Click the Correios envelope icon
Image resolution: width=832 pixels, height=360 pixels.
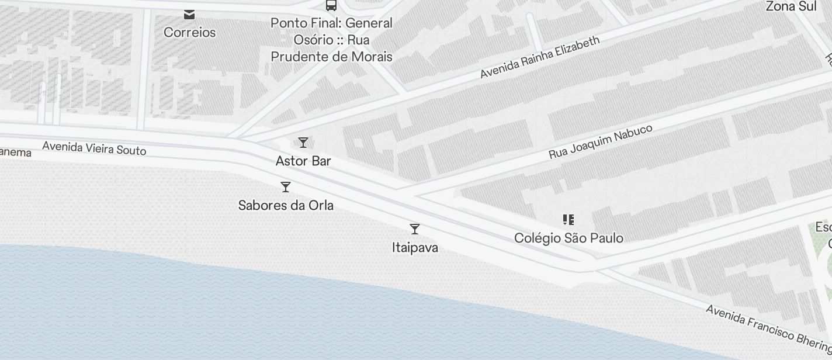(189, 14)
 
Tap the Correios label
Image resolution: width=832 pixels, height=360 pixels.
(189, 33)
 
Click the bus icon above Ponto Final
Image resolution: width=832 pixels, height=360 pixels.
(331, 6)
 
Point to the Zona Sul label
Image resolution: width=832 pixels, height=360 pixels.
(791, 7)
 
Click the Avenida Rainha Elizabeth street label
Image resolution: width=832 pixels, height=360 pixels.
(540, 57)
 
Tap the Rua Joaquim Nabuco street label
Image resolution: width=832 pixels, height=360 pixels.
(600, 142)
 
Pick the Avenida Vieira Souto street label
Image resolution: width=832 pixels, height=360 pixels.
(94, 148)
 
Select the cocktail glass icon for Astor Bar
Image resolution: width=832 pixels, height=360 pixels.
(303, 143)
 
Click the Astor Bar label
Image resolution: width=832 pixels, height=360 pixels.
(303, 161)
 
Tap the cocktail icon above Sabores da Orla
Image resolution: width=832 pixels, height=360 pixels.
(286, 187)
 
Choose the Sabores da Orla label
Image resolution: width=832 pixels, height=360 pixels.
(286, 206)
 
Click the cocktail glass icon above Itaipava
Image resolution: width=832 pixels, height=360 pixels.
(415, 229)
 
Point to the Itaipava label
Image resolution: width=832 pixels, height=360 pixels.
(415, 248)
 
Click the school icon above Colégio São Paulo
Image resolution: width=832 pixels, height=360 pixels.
(568, 220)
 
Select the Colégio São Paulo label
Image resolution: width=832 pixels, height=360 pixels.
(568, 238)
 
